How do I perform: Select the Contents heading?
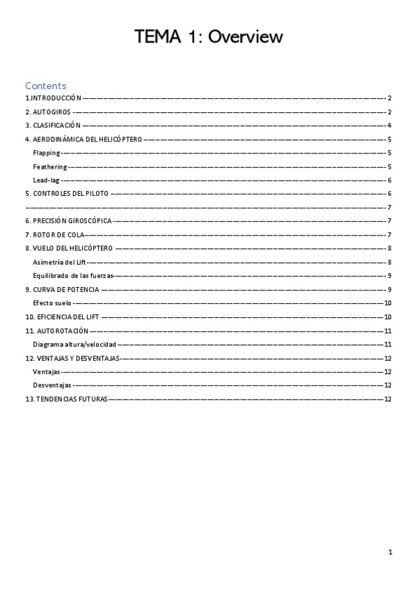(46, 86)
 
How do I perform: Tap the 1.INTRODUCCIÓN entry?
(54, 99)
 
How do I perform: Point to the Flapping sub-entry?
(47, 153)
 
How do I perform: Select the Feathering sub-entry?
(50, 167)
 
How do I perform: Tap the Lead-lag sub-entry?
(46, 180)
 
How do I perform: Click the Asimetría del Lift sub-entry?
(58, 262)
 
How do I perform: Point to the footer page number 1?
(391, 553)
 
